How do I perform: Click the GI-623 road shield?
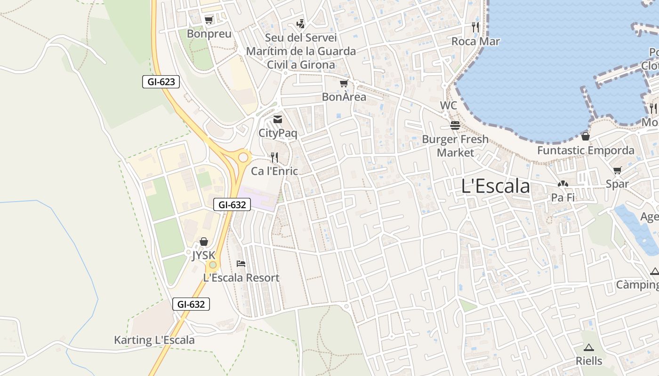click(161, 82)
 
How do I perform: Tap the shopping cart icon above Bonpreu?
click(209, 20)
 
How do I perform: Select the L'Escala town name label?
click(496, 186)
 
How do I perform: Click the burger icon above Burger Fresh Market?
click(455, 125)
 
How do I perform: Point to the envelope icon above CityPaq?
click(278, 119)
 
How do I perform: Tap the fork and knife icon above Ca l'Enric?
click(274, 157)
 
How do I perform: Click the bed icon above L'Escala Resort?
click(241, 264)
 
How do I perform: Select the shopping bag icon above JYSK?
click(203, 242)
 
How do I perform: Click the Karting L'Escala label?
click(154, 340)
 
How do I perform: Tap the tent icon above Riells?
click(588, 347)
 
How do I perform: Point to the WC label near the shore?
click(448, 105)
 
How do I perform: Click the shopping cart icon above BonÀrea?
click(344, 84)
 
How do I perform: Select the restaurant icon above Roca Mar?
click(475, 27)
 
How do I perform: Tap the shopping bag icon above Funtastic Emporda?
click(586, 136)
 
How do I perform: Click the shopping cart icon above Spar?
click(617, 170)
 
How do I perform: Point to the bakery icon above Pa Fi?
click(563, 184)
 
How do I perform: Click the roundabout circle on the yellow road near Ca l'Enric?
click(243, 157)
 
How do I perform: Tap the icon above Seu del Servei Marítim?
click(300, 23)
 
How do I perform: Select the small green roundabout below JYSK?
click(213, 265)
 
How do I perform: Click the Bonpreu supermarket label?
click(209, 34)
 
